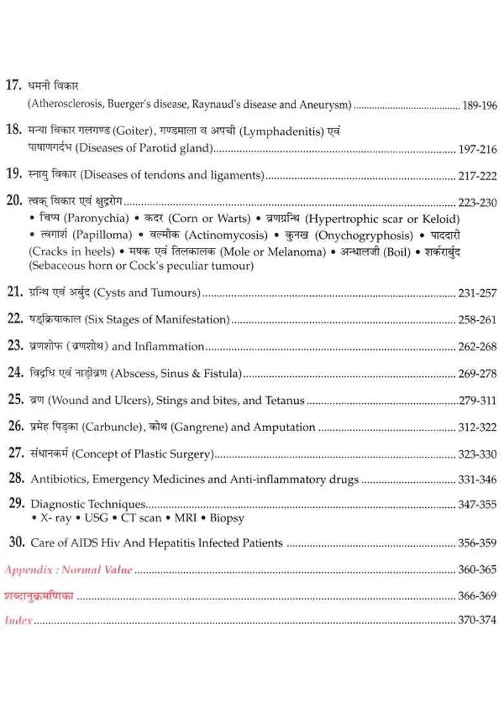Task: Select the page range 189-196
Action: pyautogui.click(x=479, y=105)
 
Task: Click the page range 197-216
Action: pyautogui.click(x=478, y=150)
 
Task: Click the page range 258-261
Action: pyautogui.click(x=478, y=319)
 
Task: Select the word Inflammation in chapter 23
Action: pyautogui.click(x=169, y=347)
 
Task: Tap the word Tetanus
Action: pyautogui.click(x=283, y=401)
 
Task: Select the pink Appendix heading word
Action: pyautogui.click(x=30, y=570)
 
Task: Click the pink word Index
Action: pyautogui.click(x=19, y=621)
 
